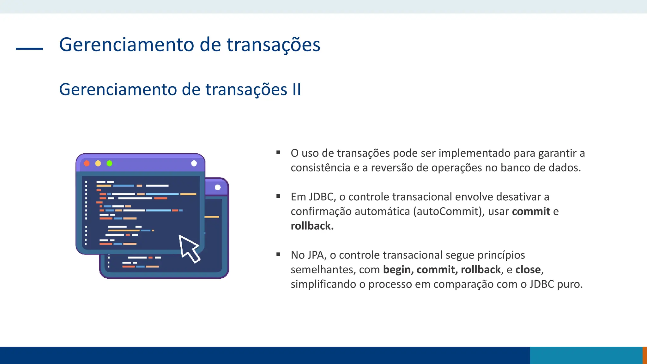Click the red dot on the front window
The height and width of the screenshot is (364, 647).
tap(87, 163)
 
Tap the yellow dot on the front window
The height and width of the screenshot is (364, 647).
tap(98, 163)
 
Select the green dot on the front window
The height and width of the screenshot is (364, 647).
tap(110, 163)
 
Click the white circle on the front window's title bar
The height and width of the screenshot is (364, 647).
tap(194, 163)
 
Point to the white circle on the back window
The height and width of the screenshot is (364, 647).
tap(218, 187)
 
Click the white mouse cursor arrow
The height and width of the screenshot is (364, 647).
tap(189, 248)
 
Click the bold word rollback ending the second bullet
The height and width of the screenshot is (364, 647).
tap(312, 226)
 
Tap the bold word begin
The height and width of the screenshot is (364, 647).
tap(397, 270)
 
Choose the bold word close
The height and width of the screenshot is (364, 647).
tap(528, 270)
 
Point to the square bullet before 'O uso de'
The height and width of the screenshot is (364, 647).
tap(278, 153)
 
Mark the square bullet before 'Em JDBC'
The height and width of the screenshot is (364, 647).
tap(278, 196)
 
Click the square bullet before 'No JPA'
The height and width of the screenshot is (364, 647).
tap(278, 254)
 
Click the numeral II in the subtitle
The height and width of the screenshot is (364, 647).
tap(297, 89)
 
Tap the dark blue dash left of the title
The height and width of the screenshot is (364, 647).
tap(29, 49)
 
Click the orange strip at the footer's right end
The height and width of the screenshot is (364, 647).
tap(645, 355)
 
